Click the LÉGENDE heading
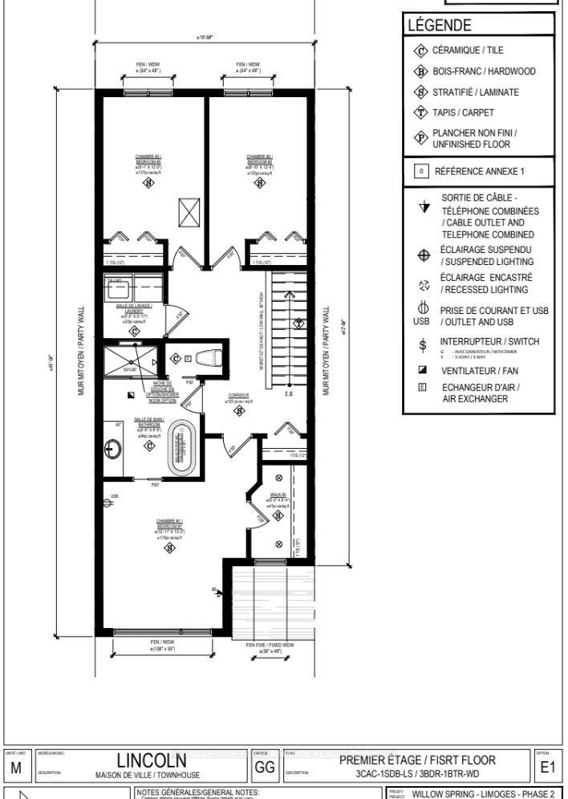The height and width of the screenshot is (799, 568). point(439,26)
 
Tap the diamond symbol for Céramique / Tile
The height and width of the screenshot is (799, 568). point(420,50)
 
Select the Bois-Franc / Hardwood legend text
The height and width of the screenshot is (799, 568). point(485,71)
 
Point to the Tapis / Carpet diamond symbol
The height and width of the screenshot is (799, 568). point(420,113)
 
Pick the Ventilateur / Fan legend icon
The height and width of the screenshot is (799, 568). point(423,370)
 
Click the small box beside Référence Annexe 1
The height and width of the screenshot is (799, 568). point(419,171)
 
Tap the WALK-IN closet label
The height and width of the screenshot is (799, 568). point(279,495)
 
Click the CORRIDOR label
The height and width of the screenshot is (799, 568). point(238,396)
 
